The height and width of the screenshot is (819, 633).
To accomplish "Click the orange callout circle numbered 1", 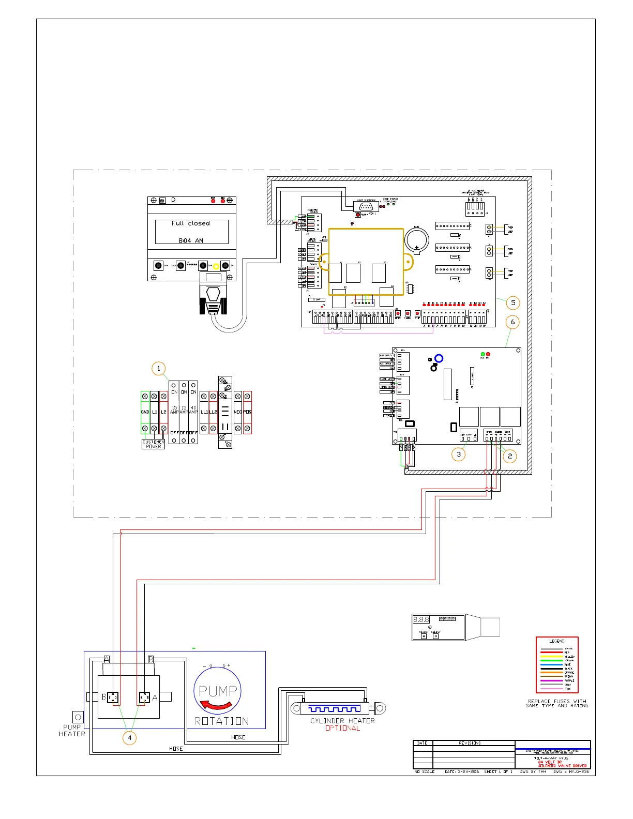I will point(159,369).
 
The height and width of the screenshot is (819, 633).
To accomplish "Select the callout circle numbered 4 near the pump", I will point(130,738).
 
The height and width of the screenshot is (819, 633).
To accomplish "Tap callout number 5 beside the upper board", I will point(513,303).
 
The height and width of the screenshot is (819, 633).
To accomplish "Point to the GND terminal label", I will point(145,412).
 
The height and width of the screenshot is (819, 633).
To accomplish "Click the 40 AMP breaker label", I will point(193,410).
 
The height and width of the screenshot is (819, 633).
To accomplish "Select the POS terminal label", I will point(247,412).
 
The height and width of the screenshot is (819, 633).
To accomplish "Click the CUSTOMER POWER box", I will point(153,444).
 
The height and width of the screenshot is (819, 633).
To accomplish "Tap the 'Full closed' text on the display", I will point(191,223).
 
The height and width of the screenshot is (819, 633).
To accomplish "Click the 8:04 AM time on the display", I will point(191,240).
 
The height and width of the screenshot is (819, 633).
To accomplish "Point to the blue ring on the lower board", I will point(439,358).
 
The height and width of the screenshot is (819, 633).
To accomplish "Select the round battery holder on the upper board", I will point(417,240).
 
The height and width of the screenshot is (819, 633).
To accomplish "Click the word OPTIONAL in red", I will point(342,728).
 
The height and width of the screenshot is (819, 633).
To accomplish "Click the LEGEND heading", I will point(557,641).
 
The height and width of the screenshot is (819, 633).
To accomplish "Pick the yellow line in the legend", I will point(551,657).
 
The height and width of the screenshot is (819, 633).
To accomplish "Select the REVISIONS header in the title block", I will point(470,743).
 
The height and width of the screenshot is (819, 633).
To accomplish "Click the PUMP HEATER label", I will point(72,731).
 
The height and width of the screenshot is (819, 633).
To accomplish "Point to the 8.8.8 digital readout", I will point(421,619).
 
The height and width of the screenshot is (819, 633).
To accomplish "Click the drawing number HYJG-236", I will point(578,771).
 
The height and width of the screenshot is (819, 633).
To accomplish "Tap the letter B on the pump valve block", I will point(104,697).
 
